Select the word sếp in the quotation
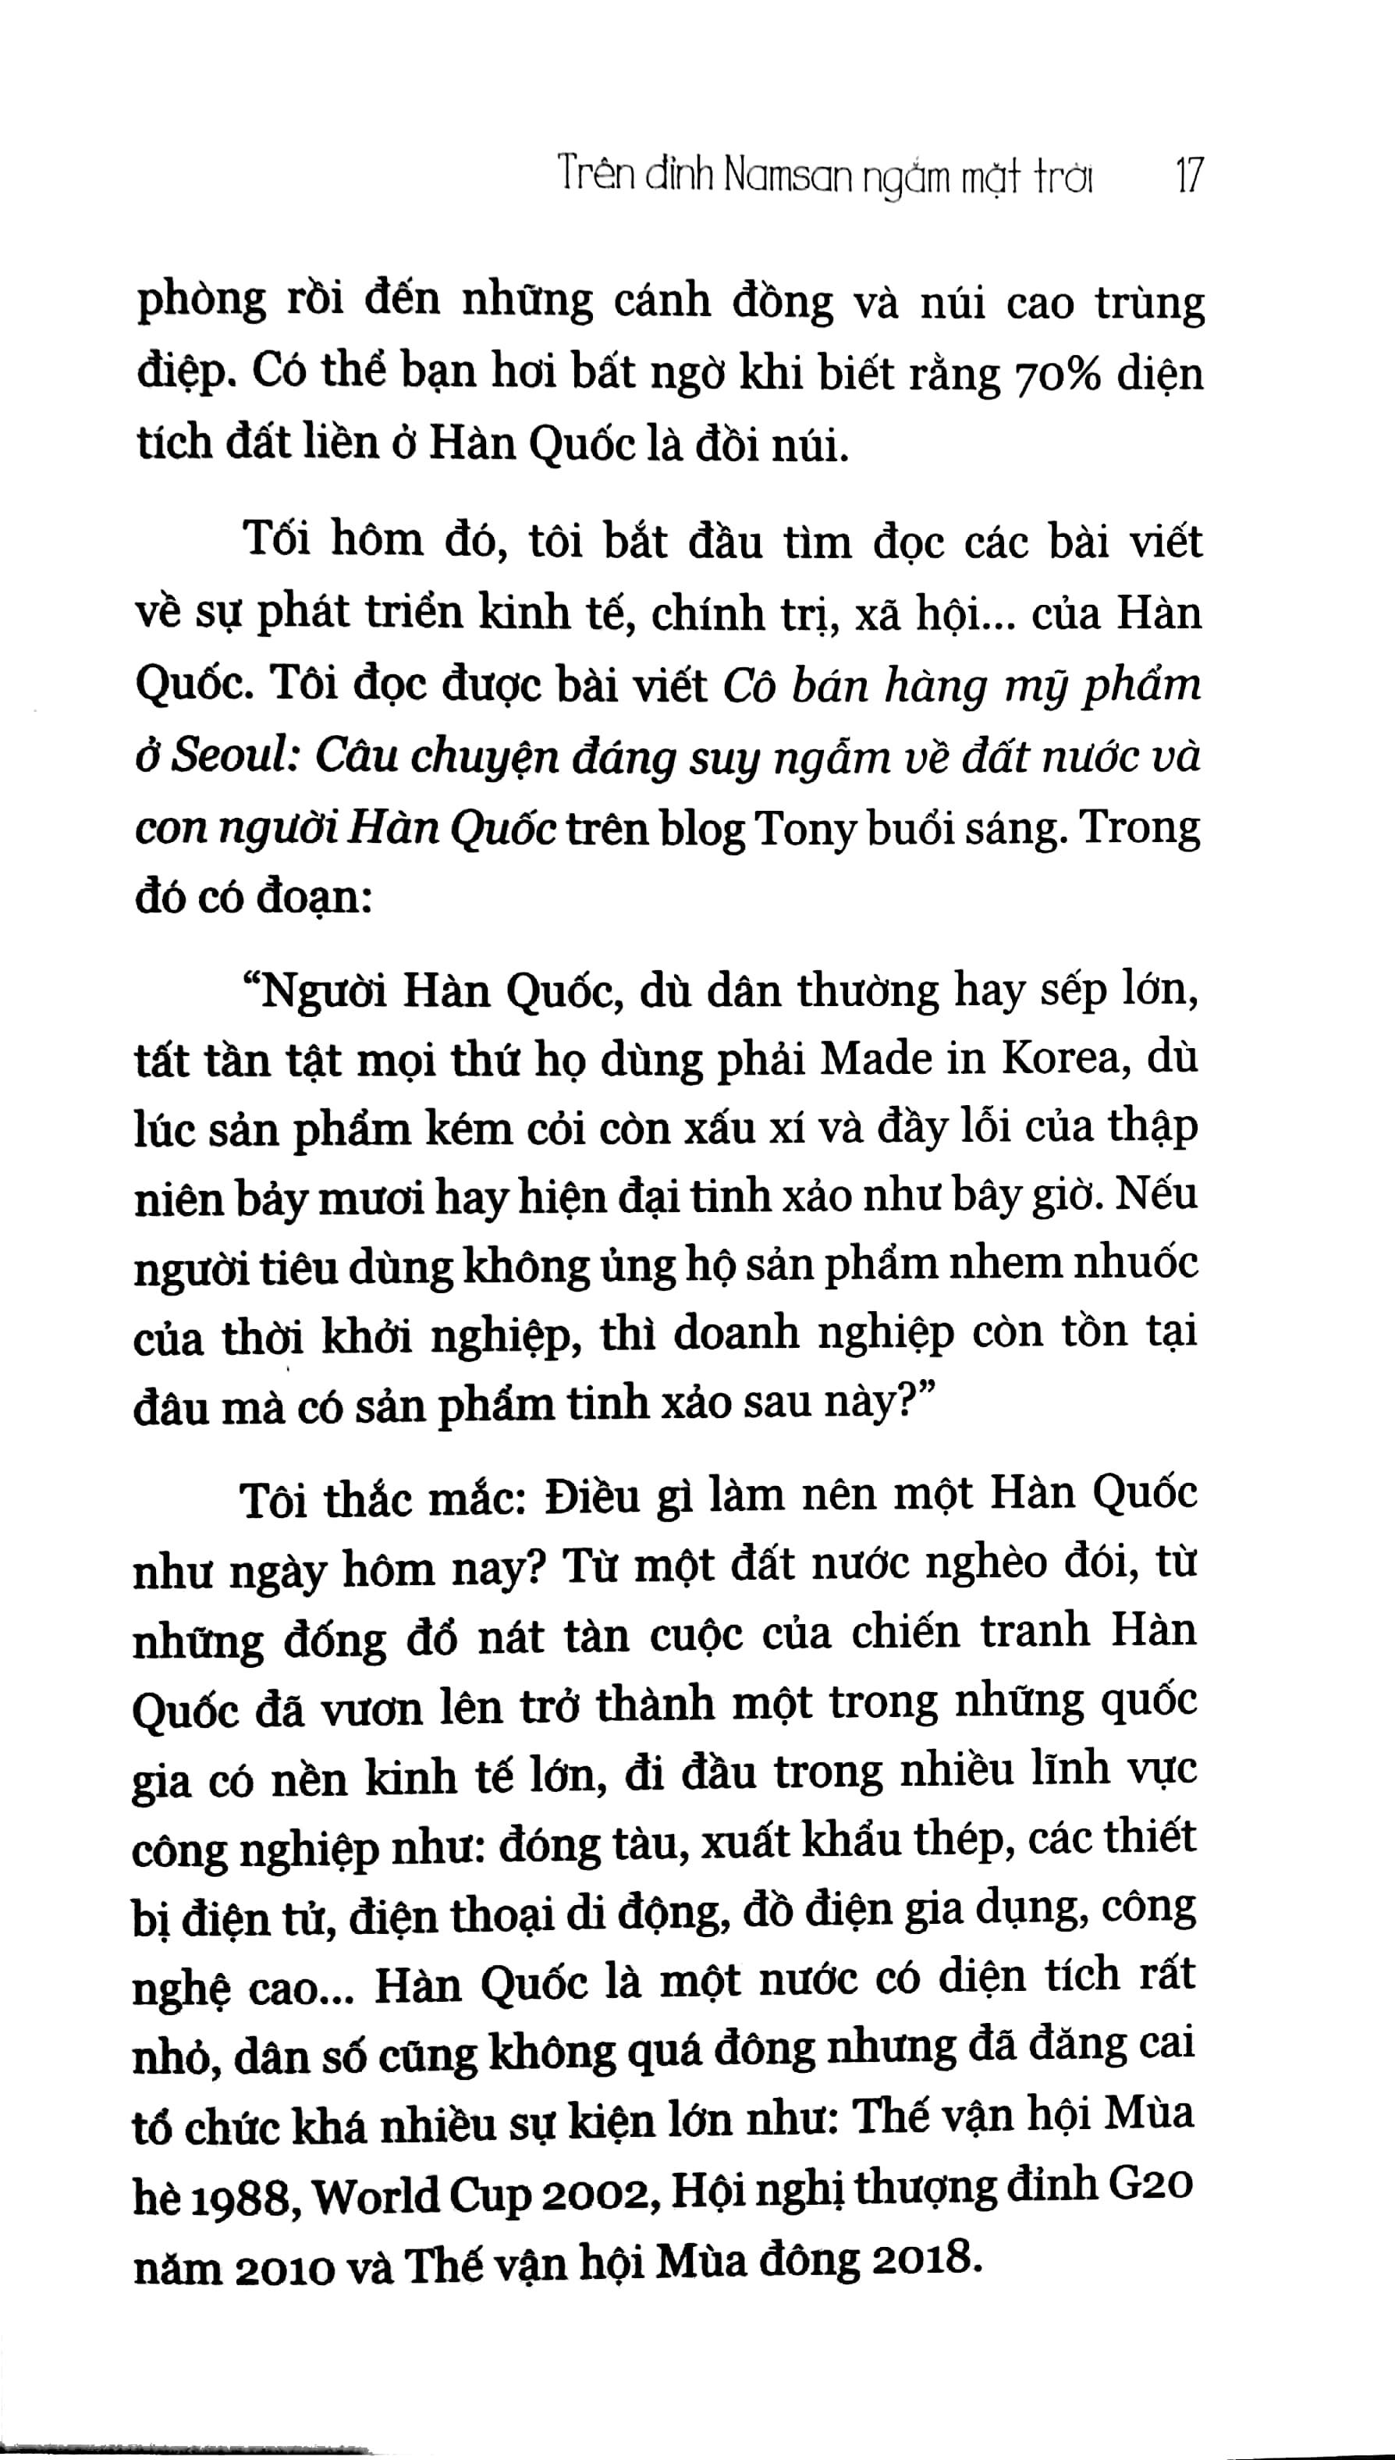pyautogui.click(x=1078, y=992)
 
